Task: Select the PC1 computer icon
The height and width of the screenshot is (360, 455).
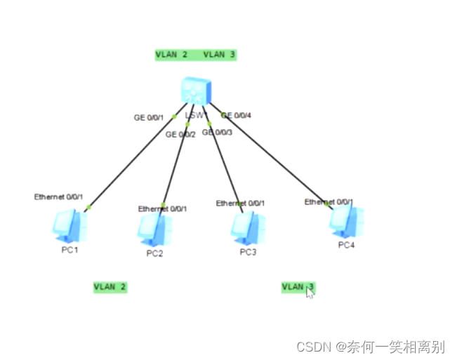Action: pyautogui.click(x=70, y=227)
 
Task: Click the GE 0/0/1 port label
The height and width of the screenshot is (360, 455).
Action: pyautogui.click(x=149, y=117)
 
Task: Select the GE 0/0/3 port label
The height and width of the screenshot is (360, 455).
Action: pyautogui.click(x=217, y=131)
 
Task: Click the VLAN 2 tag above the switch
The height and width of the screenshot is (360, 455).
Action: pyautogui.click(x=171, y=54)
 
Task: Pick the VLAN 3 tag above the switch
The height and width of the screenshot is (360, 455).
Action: pyautogui.click(x=218, y=54)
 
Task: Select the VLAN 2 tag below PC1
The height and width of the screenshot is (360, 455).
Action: pyautogui.click(x=110, y=286)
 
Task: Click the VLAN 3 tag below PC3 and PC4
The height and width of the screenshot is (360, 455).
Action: pyautogui.click(x=298, y=286)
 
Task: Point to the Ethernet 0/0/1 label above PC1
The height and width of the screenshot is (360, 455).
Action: pyautogui.click(x=58, y=196)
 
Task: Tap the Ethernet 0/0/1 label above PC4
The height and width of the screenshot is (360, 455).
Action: pyautogui.click(x=328, y=201)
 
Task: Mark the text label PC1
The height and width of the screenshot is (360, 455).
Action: pyautogui.click(x=70, y=251)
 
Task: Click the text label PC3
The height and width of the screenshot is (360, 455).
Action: pyautogui.click(x=248, y=252)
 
